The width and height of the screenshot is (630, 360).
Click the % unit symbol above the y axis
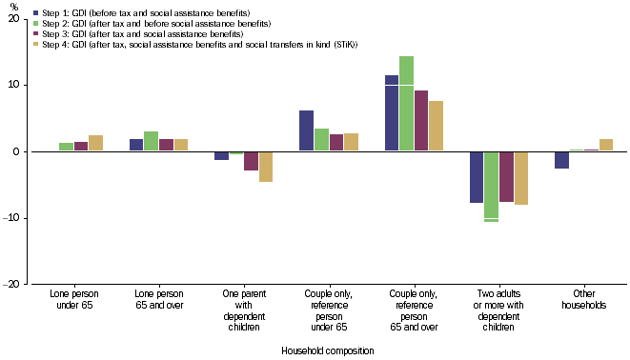pos(12,7)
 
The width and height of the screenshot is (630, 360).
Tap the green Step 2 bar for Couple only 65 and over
pos(407,104)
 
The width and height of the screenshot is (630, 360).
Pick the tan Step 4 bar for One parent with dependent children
pos(266,167)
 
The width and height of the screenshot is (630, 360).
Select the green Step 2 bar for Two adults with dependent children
pos(491,186)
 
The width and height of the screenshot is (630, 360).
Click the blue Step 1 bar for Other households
pos(562,160)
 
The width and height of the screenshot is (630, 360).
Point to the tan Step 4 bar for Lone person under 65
pos(95,144)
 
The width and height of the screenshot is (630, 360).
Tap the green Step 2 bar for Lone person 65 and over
pos(151,142)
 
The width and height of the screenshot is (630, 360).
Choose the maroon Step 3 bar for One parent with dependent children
pos(251,161)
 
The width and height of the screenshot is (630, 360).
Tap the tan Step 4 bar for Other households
pos(606,146)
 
